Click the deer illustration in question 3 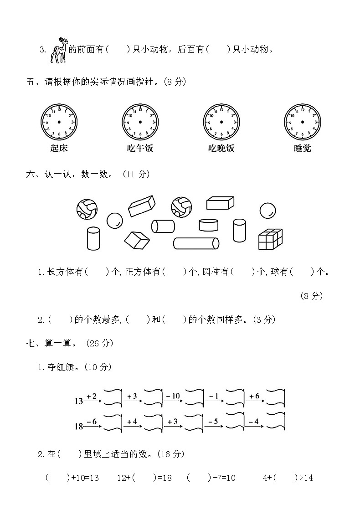pos(59,49)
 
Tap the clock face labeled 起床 pos(59,122)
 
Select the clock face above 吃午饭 pos(140,122)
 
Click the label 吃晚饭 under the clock pos(221,148)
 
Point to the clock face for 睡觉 pos(302,122)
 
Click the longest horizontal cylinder pos(196,243)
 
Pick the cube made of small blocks pos(270,238)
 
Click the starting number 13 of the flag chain pos(79,401)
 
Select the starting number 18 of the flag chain pos(79,427)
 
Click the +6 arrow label pos(254,396)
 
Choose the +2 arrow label pos(92,396)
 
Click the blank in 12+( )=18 pos(142,478)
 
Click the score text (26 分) pos(98,343)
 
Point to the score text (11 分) pos(136,174)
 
